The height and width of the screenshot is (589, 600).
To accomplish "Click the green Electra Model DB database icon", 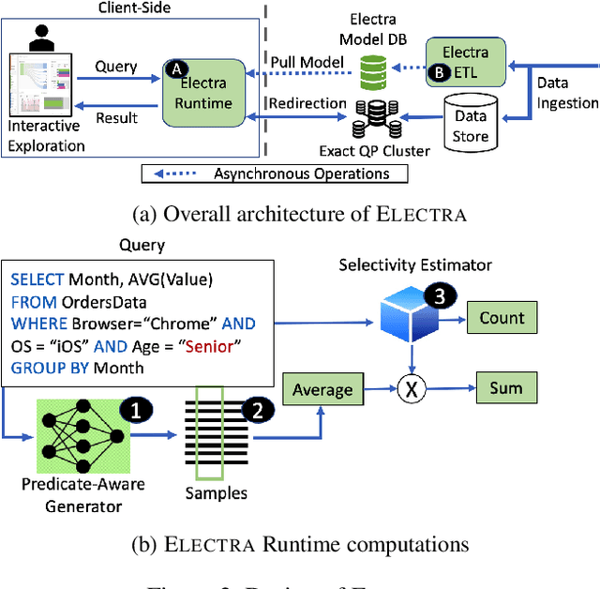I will tap(372, 69).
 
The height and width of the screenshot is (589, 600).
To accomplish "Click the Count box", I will tap(501, 318).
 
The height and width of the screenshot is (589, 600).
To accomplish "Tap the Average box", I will tap(322, 389).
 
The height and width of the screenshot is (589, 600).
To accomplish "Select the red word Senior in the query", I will tap(211, 346).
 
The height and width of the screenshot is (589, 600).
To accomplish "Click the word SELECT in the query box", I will tap(37, 279).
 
